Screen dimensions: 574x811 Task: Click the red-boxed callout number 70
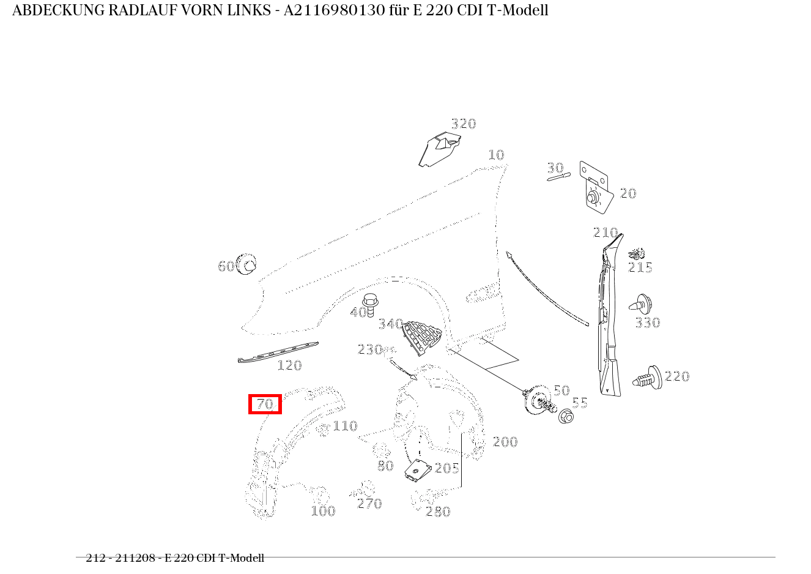coord(265,404)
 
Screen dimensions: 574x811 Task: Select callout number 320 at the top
coord(463,124)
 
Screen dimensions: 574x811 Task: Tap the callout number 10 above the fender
coord(496,155)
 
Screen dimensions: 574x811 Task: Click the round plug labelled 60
coord(247,265)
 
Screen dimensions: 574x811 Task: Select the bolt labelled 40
coord(369,304)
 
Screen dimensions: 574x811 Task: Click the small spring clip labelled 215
coord(637,253)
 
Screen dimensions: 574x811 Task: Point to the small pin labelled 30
coord(558,177)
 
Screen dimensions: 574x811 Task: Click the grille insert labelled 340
coord(421,336)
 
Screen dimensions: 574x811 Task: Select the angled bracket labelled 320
coord(440,148)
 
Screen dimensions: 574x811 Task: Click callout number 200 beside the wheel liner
coord(505,442)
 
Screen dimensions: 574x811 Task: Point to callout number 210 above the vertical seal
coord(605,233)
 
